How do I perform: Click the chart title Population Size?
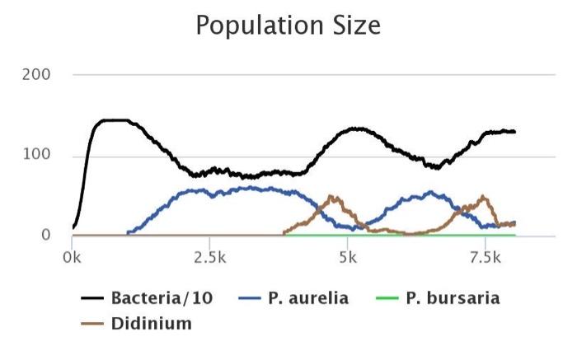coord(288,26)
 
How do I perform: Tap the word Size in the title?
coord(356,26)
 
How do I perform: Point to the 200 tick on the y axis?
coord(39,75)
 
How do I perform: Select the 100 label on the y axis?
coord(39,155)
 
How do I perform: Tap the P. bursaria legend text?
coord(453,298)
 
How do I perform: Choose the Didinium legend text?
coord(152,324)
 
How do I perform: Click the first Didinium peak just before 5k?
coord(332,196)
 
